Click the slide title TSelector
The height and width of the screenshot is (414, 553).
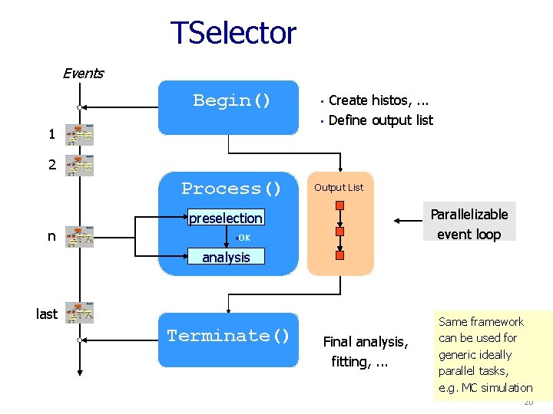pos(233,33)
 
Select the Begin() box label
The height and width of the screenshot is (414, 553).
pos(232,100)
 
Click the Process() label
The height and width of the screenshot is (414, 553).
pos(231,189)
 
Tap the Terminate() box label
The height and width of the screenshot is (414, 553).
pos(228,336)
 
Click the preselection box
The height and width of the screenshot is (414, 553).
pos(226,219)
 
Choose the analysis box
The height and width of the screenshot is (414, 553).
pos(226,258)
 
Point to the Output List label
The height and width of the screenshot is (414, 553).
pos(339,188)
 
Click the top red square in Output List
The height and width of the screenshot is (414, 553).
pos(339,205)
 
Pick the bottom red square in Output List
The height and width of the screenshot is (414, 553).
pos(339,255)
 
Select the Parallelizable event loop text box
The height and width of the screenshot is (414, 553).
pos(469,224)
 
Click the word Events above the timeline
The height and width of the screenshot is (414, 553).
pos(83,74)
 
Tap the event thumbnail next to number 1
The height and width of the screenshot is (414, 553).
pos(79,134)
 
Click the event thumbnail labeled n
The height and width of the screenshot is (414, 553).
pos(79,236)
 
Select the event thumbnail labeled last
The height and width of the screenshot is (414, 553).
pos(79,313)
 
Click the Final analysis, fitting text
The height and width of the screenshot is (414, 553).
pos(364,351)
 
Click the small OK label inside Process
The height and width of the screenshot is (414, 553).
pos(243,238)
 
